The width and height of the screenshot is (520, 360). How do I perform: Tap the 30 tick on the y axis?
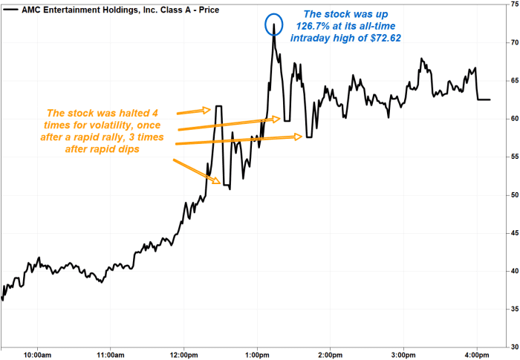click(x=510, y=347)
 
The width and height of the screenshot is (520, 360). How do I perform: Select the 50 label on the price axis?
click(x=510, y=194)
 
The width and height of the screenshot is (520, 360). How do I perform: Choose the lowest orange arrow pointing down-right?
click(x=197, y=171)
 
